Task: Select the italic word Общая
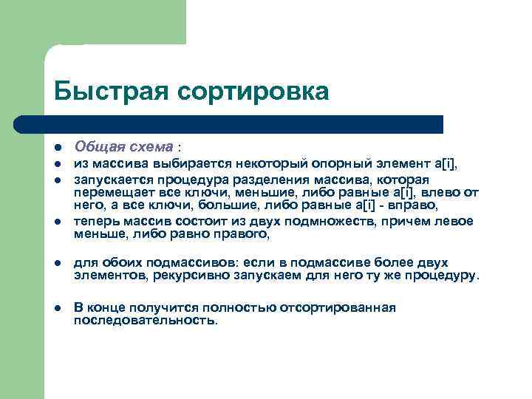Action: pyautogui.click(x=97, y=147)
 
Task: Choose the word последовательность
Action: pyautogui.click(x=146, y=321)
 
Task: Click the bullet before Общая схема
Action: pyautogui.click(x=58, y=148)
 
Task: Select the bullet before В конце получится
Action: pyautogui.click(x=58, y=308)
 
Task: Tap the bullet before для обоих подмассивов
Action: pyautogui.click(x=58, y=263)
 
